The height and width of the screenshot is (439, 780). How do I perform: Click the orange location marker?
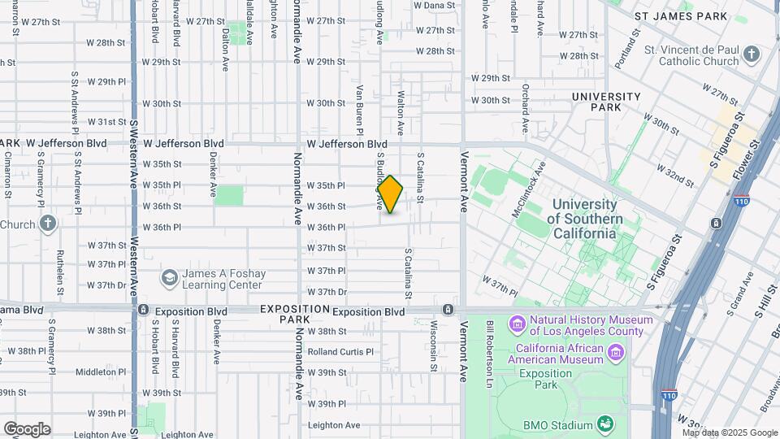(390, 194)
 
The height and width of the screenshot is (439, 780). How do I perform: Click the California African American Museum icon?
(616, 353)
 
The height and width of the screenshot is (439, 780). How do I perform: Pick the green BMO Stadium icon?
(604, 424)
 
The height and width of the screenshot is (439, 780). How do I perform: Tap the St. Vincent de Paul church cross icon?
(752, 55)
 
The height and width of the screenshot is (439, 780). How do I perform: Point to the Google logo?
(27, 428)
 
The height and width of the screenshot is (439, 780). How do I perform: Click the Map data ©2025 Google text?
(730, 433)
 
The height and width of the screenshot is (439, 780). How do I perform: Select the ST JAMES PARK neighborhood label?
(680, 15)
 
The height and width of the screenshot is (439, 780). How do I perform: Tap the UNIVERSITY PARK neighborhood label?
(607, 102)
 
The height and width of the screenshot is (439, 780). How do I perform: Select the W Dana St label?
(434, 6)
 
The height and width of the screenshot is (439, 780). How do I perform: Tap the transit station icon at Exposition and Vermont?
(448, 310)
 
